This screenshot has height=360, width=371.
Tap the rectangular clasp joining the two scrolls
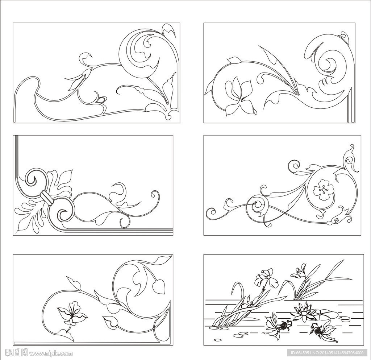pyautogui.click(x=47, y=198)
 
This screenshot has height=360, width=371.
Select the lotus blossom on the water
pyautogui.click(x=304, y=311)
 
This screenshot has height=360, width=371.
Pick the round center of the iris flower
pyautogui.click(x=268, y=277)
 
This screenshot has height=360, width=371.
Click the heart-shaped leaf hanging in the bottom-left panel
pyautogui.click(x=158, y=287)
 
